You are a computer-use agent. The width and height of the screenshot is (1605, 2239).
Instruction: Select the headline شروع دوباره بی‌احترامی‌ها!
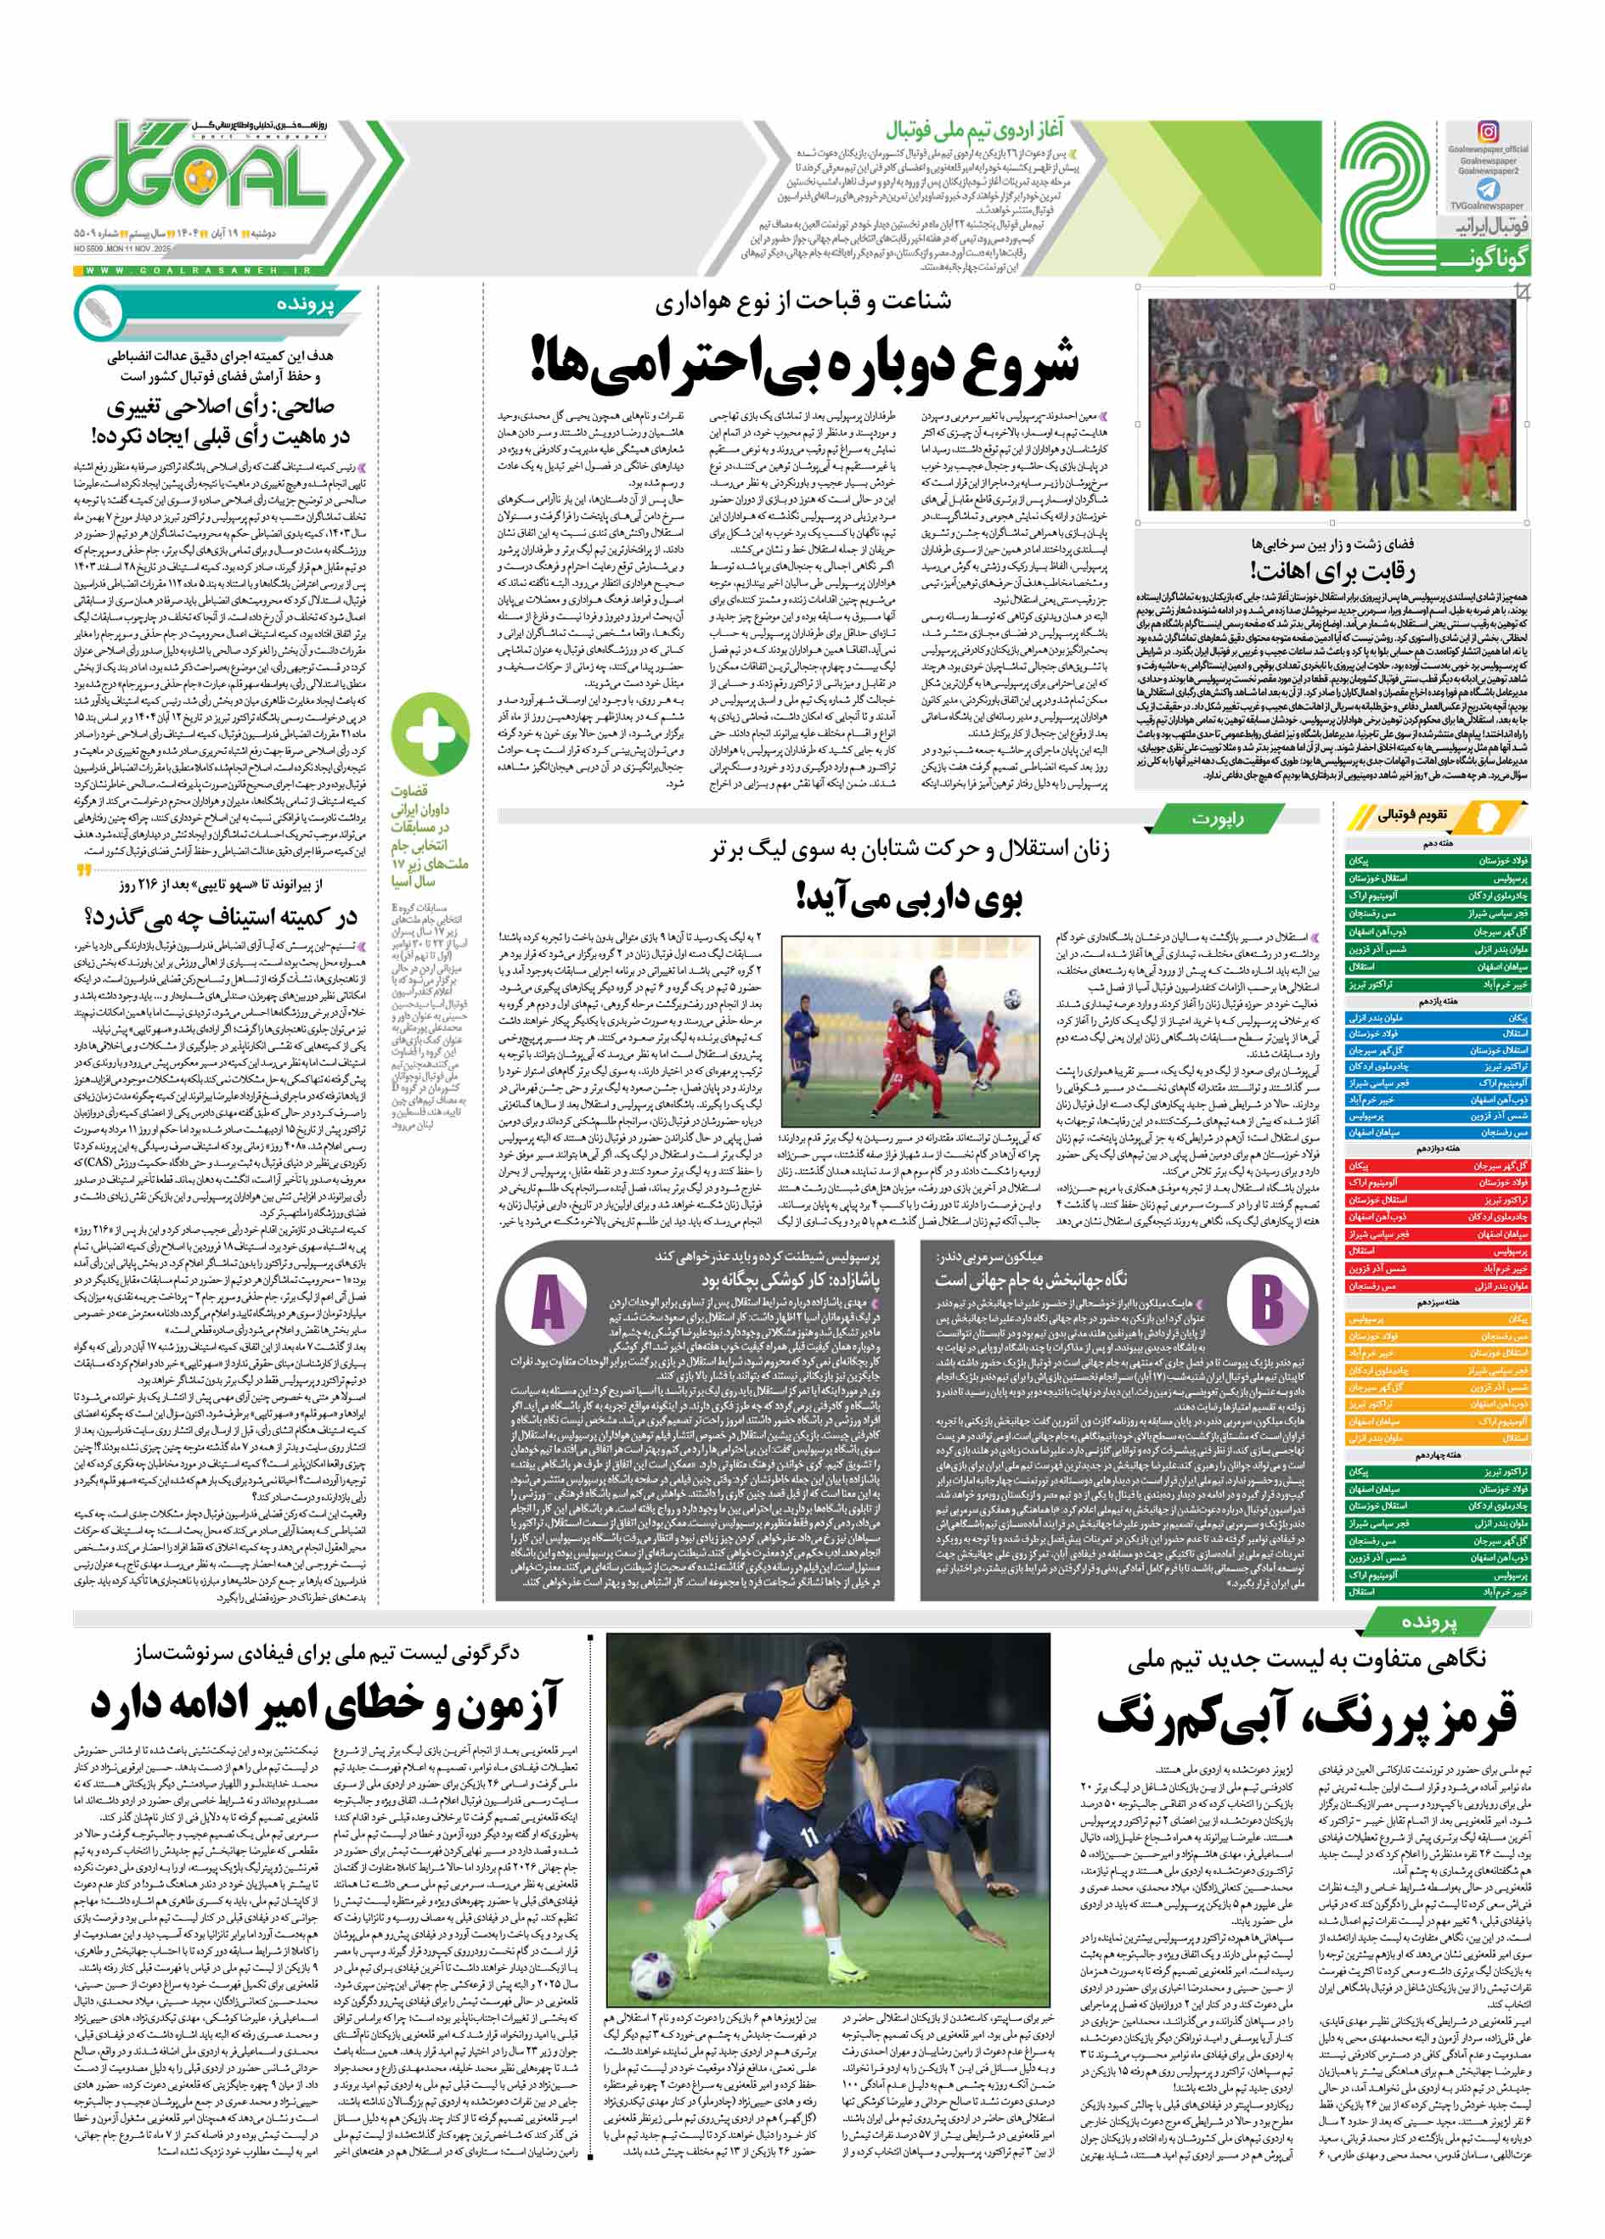tap(804, 360)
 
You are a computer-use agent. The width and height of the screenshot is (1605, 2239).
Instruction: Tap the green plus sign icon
tap(431, 733)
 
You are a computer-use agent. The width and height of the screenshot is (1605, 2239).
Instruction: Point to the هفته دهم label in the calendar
tap(1436, 845)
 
